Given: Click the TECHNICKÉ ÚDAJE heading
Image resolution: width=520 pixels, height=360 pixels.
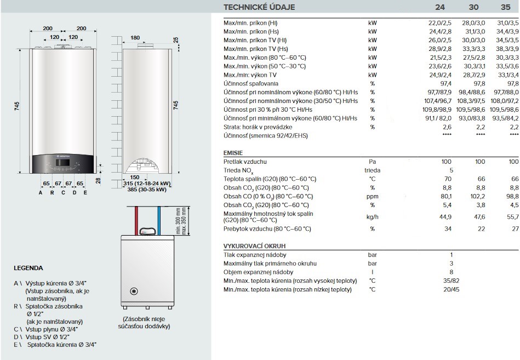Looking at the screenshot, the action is click(x=259, y=7).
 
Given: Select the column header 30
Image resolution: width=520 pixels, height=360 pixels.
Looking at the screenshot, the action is click(x=473, y=7).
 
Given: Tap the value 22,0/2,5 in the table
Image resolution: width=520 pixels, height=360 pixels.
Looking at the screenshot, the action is click(x=440, y=23).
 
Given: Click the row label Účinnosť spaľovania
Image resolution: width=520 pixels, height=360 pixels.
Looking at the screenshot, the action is click(x=251, y=83).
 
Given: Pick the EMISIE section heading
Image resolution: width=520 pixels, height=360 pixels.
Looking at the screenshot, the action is click(x=233, y=153).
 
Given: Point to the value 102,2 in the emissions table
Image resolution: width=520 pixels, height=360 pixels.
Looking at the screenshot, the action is click(x=478, y=196).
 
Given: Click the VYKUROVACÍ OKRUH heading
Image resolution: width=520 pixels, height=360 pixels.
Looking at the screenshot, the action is click(x=254, y=246).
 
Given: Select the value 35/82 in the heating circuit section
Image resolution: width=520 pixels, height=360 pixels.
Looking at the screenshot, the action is click(x=452, y=281).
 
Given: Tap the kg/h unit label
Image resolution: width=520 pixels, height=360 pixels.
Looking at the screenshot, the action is click(x=373, y=217).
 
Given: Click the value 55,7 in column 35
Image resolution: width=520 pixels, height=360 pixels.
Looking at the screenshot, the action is click(x=513, y=217).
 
